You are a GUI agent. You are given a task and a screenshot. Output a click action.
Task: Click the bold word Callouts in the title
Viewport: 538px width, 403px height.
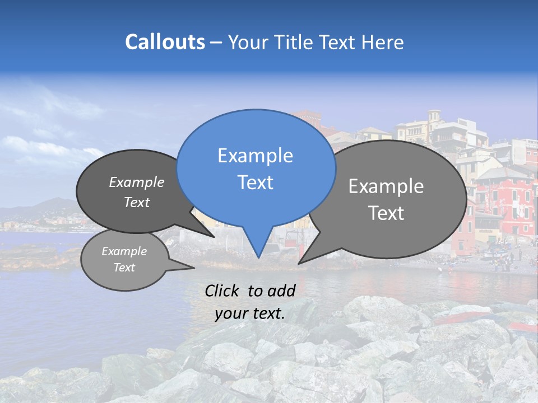click(x=165, y=42)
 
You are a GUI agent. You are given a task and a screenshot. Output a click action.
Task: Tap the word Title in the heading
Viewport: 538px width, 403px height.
click(x=292, y=42)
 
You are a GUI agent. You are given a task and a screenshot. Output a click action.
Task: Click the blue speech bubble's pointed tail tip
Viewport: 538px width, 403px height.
click(x=258, y=257)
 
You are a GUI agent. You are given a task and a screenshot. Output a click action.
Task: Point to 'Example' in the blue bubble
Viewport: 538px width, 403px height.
click(x=255, y=156)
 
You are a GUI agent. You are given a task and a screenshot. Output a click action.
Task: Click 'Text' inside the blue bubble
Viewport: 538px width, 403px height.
click(x=255, y=182)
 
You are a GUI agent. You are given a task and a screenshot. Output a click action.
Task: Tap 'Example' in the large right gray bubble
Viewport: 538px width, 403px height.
click(x=386, y=186)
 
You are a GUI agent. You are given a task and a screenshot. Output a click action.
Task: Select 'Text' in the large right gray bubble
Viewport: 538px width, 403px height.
click(x=386, y=213)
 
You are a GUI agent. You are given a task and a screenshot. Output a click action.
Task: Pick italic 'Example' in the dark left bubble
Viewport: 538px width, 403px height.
click(x=136, y=182)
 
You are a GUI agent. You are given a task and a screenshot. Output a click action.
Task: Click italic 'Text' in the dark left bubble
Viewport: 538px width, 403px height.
click(x=136, y=202)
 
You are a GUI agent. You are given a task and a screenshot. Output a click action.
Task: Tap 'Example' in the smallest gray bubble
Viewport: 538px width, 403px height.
click(x=124, y=251)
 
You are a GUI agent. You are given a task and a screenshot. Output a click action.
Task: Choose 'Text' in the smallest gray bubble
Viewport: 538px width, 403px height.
click(x=124, y=268)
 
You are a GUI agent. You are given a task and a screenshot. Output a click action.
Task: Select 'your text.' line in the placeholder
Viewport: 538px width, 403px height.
click(x=250, y=314)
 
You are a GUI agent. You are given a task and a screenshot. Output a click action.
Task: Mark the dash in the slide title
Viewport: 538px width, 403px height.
click(x=216, y=43)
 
